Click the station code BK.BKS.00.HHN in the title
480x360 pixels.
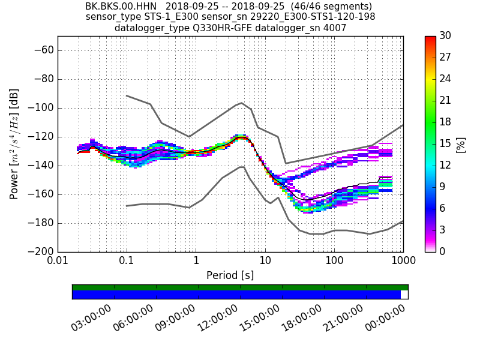121,6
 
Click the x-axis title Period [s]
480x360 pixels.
230,275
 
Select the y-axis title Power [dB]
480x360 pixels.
14,144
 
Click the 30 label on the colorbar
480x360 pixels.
446,36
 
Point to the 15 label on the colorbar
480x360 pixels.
446,144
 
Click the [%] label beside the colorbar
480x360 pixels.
461,144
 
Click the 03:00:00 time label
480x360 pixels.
91,316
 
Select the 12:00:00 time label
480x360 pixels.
217,316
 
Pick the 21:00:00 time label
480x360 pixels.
343,316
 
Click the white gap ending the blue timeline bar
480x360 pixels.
404,295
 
